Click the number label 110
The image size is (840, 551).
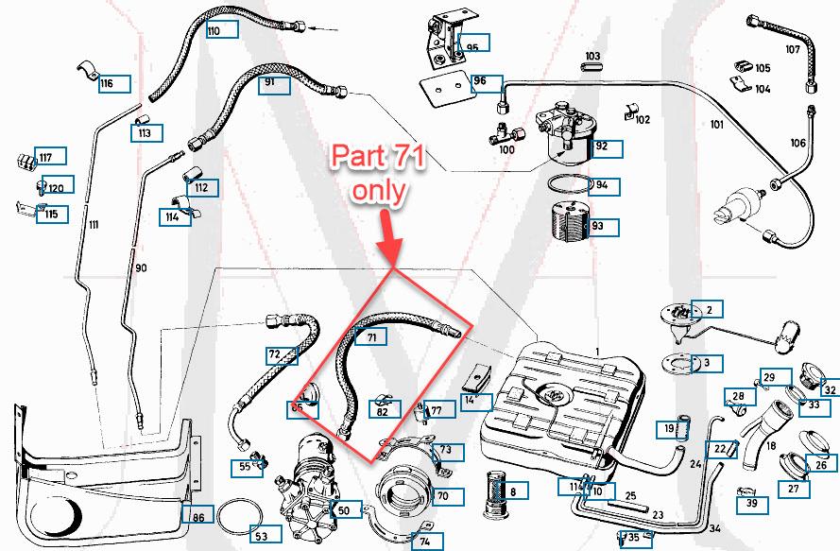pyautogui.click(x=214, y=31)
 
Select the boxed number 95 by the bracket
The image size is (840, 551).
pyautogui.click(x=471, y=46)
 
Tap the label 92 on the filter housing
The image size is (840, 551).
pyautogui.click(x=601, y=146)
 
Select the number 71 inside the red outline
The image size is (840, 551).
pyautogui.click(x=371, y=336)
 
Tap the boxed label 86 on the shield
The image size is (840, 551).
pyautogui.click(x=197, y=517)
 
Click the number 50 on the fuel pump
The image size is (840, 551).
pyautogui.click(x=342, y=510)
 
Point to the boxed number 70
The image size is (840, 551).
pyautogui.click(x=441, y=494)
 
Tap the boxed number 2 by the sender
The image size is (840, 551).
pyautogui.click(x=707, y=308)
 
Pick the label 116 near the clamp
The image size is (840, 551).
pyautogui.click(x=107, y=84)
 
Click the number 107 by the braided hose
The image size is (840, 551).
pyautogui.click(x=792, y=49)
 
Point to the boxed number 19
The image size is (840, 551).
pyautogui.click(x=669, y=429)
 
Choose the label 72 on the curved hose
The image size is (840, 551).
pyautogui.click(x=274, y=355)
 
